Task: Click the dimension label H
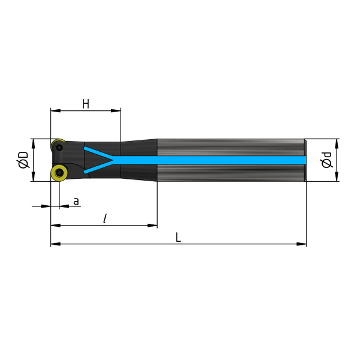tap(86, 104)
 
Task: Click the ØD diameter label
tap(23, 160)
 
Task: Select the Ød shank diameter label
tap(326, 160)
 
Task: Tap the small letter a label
tap(76, 202)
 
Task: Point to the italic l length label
tap(105, 218)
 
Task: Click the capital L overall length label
tap(178, 237)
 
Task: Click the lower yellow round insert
tap(59, 173)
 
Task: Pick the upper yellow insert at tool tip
tap(58, 145)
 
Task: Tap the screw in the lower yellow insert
tap(59, 173)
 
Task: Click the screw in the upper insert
tap(59, 147)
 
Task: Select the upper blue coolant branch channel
tap(98, 153)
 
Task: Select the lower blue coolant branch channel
tap(98, 167)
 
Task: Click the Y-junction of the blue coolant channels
tap(113, 160)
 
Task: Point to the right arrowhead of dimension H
tap(116, 110)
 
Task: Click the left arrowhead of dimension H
tap(56, 110)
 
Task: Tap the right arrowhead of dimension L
tap(301, 244)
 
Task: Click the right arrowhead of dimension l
tap(152, 226)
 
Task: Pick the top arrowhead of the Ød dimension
tap(337, 144)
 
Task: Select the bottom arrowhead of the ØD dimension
tap(34, 176)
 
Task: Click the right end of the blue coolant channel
tap(306, 160)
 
